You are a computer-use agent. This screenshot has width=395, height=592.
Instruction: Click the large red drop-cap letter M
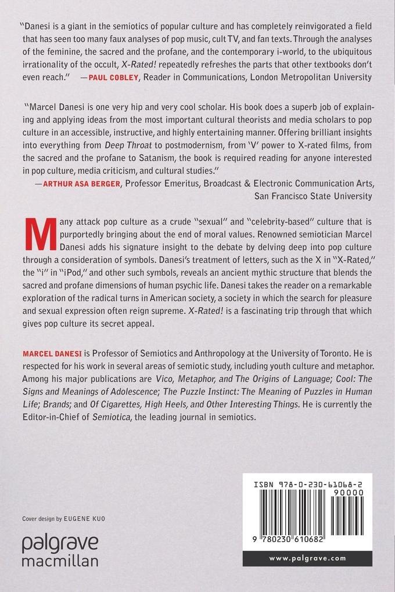(35, 238)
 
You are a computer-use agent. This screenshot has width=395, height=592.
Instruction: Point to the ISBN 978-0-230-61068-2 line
(307, 482)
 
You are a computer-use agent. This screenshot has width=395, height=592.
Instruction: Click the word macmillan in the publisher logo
(60, 561)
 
